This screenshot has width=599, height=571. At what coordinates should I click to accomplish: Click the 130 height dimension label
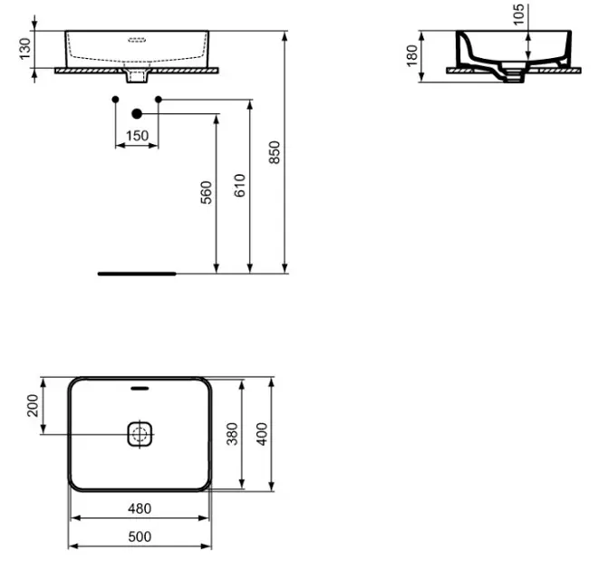24,49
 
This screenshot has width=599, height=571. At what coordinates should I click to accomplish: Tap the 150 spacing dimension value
137,136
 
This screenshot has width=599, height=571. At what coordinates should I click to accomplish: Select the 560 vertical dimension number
207,193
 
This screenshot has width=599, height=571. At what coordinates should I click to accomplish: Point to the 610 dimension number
240,186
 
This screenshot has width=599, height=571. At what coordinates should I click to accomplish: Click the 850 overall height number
275,152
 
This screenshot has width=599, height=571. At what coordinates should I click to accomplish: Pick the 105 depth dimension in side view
518,15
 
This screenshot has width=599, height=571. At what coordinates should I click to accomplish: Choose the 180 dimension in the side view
412,56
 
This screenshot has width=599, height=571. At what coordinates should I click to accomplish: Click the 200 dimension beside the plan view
34,405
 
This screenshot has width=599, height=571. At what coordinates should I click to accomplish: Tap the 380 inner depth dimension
232,434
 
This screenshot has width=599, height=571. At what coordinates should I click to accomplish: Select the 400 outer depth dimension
262,434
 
